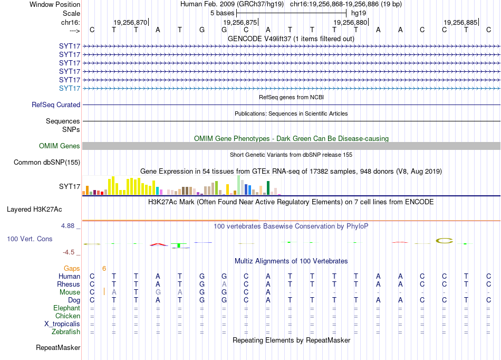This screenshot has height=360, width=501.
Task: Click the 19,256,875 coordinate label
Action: point(240,22)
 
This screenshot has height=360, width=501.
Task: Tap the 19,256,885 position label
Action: point(460,22)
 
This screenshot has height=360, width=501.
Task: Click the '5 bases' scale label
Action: point(223,13)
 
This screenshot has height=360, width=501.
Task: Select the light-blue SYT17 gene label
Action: point(70,88)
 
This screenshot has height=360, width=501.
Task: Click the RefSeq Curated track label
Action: point(56,105)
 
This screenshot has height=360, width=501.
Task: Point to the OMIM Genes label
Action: point(60,146)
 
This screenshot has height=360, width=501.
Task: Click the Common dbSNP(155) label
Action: point(47,162)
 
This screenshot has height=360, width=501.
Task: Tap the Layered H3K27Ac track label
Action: point(34,210)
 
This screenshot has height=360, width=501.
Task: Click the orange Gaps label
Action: point(72,268)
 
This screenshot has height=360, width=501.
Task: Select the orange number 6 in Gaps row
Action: point(104,269)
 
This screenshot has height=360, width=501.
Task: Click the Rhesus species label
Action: point(69,284)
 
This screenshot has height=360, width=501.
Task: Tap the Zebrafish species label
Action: point(66,331)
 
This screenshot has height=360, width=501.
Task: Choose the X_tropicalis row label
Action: point(62,324)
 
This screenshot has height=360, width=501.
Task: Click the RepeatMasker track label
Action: point(58,347)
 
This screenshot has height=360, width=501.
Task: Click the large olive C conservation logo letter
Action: point(445,241)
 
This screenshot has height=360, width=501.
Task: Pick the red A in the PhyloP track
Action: point(159,244)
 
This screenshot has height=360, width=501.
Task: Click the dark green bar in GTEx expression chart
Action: point(268,188)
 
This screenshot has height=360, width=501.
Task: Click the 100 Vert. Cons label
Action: point(30,239)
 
